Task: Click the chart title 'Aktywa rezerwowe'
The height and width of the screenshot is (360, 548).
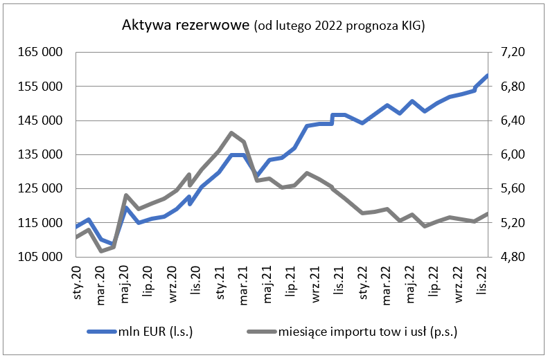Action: [185, 26]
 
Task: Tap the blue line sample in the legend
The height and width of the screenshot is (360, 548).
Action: [101, 332]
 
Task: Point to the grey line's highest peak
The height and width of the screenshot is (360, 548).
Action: [231, 133]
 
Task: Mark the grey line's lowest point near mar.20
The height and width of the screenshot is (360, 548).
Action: [102, 251]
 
